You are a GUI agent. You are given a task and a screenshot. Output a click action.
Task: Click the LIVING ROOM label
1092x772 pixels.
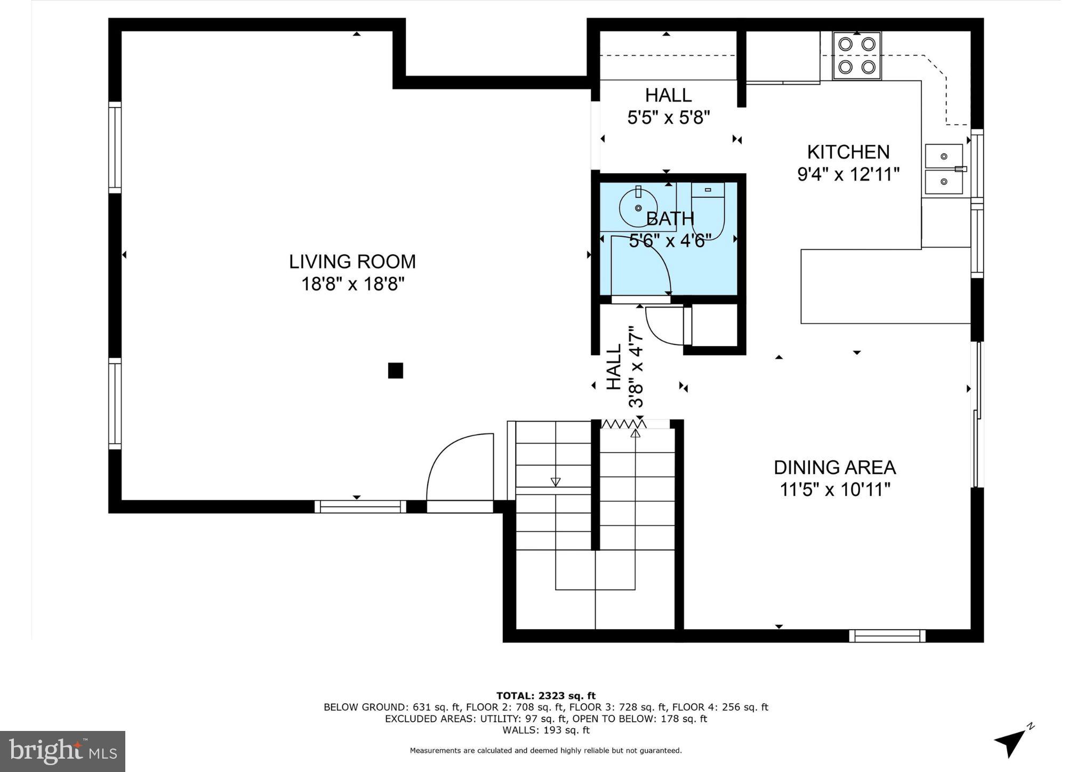coord(352,262)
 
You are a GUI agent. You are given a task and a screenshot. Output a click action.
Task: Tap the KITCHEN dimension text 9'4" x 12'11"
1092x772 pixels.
coord(848,174)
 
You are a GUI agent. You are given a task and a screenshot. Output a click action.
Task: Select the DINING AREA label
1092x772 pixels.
coord(834,468)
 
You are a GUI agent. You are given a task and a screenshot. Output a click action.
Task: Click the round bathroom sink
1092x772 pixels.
coord(638,207)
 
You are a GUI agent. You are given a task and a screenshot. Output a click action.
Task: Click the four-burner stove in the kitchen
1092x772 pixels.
coord(856,56)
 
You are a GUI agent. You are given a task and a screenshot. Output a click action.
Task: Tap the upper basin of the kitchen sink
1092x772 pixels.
coord(944,157)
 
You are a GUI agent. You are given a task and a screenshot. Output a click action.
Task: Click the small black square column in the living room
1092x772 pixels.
coord(395,370)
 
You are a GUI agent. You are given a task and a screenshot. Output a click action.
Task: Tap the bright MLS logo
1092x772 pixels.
coord(62,751)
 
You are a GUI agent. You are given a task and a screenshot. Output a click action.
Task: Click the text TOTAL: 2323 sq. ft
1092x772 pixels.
coord(545,695)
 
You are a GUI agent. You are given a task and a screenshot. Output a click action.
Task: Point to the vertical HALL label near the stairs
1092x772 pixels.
coord(614,367)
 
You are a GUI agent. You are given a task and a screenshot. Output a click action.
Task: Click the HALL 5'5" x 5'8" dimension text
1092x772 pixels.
coord(668,118)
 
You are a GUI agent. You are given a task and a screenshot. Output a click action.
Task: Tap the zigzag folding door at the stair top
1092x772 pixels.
coord(623,424)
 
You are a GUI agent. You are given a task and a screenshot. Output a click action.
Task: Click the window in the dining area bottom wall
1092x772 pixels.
coord(887,636)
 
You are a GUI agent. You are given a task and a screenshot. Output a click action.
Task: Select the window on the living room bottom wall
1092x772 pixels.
coord(360,506)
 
